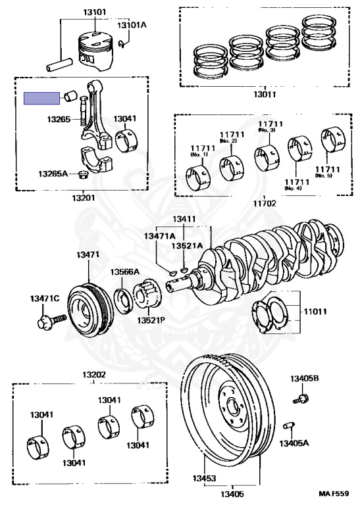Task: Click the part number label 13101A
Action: point(132,25)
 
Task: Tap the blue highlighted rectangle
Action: point(41,98)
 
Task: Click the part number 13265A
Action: point(53,174)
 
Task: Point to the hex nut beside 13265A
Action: point(83,176)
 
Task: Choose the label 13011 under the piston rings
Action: point(265,95)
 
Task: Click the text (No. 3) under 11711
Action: point(267,130)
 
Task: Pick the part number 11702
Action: point(265,204)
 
